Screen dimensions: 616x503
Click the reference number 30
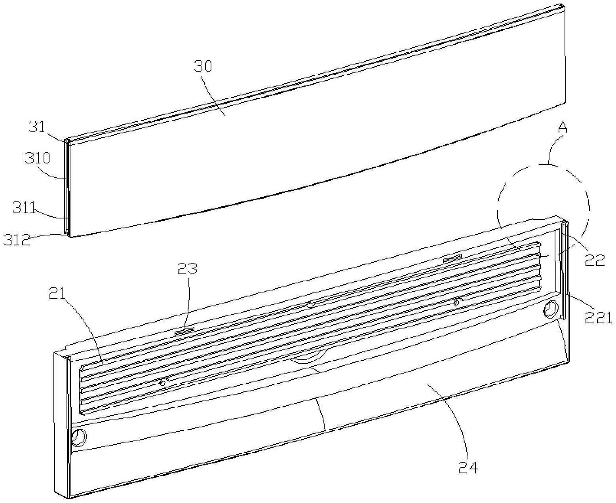203,66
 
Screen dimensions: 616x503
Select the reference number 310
38,158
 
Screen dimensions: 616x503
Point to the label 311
24,208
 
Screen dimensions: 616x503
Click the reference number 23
187,269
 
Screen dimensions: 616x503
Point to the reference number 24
468,467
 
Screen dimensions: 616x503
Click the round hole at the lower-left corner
79,438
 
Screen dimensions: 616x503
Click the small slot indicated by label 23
184,331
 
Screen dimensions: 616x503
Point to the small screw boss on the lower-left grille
162,382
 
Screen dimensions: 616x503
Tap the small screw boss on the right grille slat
456,302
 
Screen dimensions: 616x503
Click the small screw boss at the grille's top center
310,304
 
